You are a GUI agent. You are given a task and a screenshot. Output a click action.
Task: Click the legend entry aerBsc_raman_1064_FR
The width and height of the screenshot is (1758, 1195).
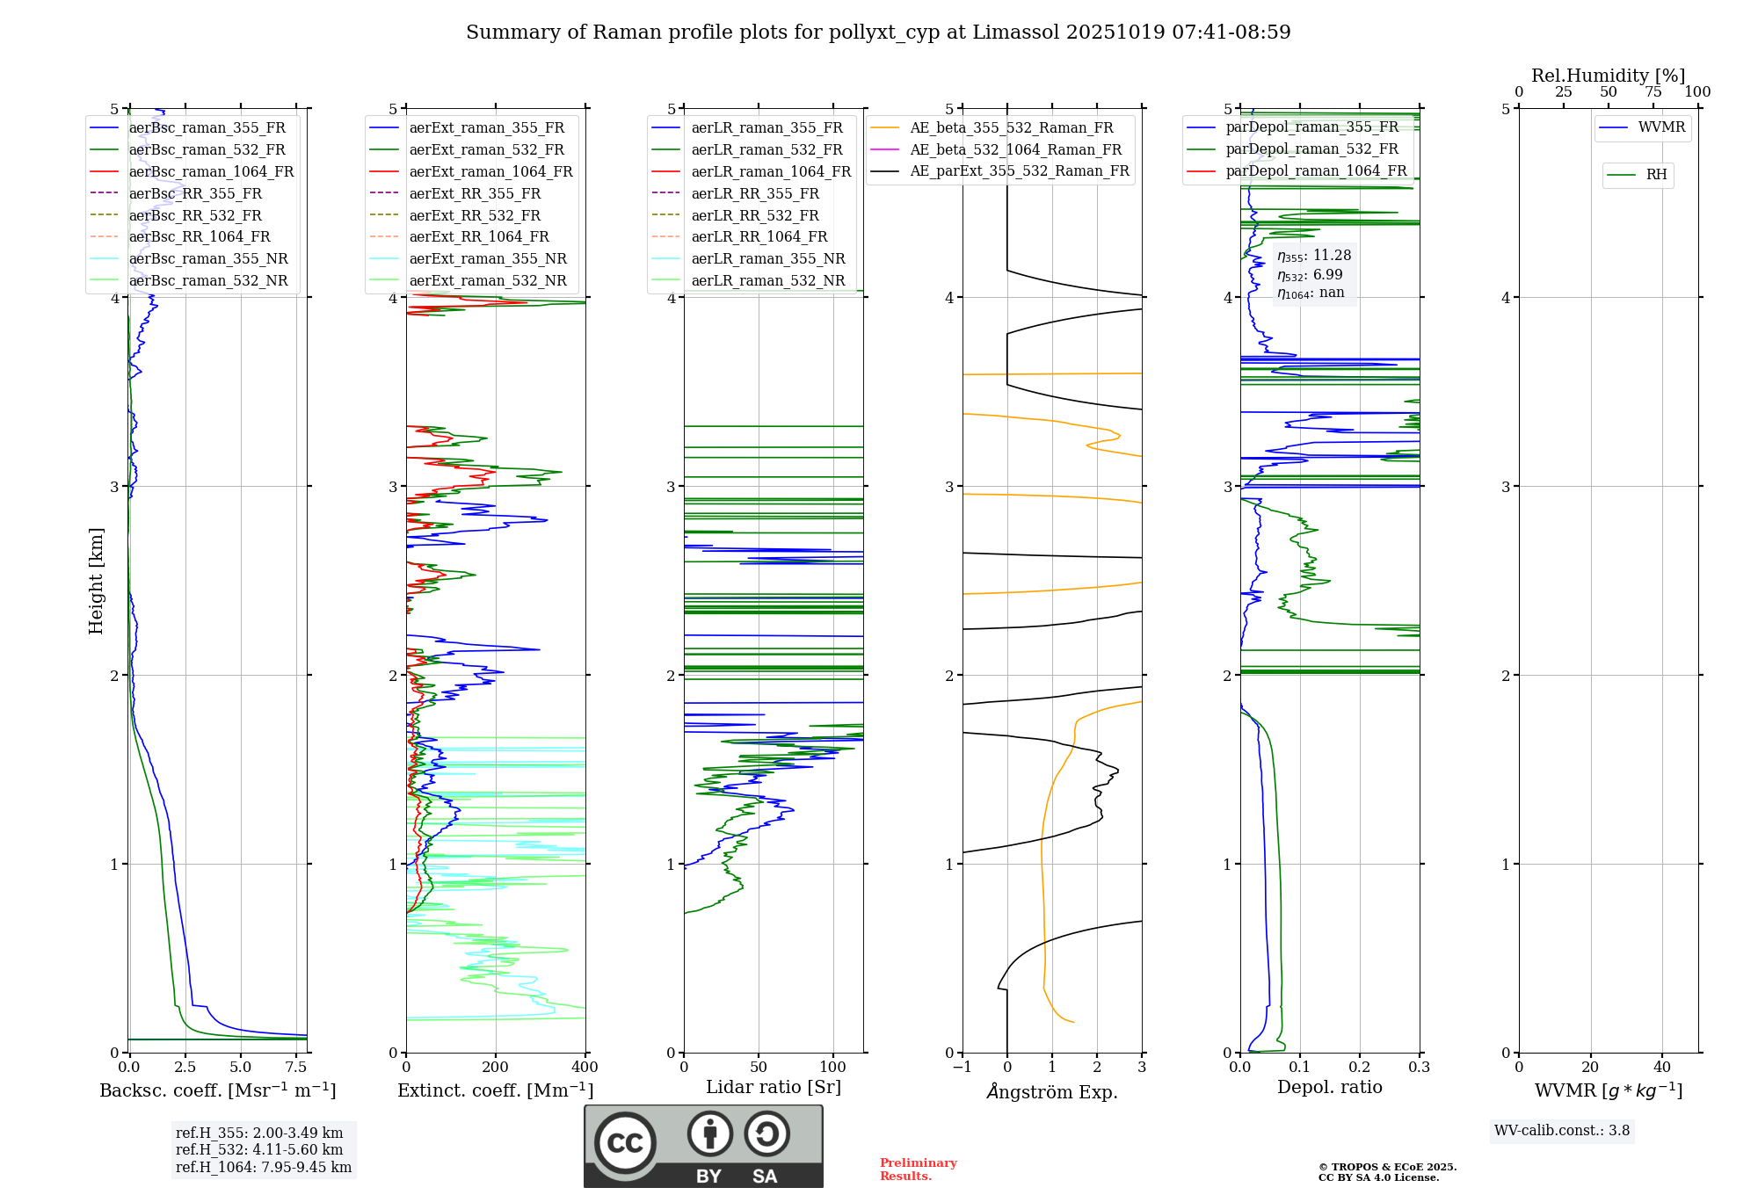coord(211,171)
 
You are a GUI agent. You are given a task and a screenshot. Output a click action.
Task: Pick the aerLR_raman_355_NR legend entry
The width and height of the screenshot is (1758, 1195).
coord(767,258)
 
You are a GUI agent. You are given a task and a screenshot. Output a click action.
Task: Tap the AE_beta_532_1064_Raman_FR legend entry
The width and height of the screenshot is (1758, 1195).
coord(1015,149)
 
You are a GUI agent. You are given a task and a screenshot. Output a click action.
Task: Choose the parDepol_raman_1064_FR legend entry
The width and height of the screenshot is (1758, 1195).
coord(1316,170)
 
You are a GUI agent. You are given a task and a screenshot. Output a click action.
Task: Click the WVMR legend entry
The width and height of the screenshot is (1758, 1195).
coord(1661,127)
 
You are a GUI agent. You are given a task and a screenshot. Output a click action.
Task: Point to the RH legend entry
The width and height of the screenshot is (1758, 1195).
coord(1656,175)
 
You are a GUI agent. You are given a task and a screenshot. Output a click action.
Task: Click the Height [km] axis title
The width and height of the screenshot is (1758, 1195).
coord(96,581)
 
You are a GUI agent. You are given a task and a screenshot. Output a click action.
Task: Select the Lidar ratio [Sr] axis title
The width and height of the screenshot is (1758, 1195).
coord(774,1087)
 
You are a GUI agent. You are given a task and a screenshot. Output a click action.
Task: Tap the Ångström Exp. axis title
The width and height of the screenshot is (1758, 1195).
coord(1052,1091)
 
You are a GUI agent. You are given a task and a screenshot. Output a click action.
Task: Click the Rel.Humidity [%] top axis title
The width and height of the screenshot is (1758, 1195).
coord(1608,76)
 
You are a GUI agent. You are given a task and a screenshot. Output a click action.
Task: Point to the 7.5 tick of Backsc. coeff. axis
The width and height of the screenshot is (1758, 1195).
coord(297,1068)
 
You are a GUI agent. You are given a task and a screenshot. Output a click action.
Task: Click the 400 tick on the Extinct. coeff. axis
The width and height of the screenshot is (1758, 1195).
coord(585,1068)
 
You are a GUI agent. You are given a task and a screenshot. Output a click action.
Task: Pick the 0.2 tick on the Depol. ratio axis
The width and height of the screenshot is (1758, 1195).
coord(1360,1068)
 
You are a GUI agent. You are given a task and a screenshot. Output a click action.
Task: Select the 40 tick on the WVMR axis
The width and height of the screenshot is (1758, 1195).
coord(1661,1068)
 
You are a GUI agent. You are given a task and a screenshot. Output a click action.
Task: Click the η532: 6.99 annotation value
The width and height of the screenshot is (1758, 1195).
coord(1310,275)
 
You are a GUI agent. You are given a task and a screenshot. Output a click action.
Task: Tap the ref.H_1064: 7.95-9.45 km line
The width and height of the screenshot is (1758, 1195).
coord(264,1167)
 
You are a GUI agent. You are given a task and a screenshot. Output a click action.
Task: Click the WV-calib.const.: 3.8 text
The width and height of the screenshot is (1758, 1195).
coord(1562,1131)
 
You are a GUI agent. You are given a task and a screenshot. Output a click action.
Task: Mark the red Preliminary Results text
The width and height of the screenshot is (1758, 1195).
coord(918,1170)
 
